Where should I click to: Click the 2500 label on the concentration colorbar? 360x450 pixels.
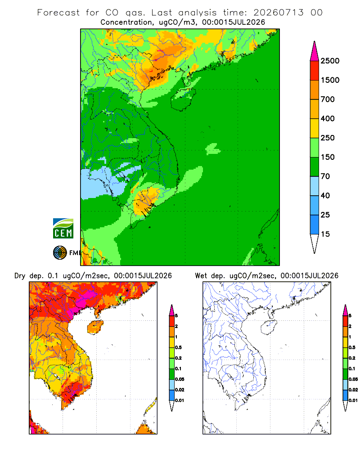point(330,61)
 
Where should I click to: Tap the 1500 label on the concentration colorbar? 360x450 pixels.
point(330,80)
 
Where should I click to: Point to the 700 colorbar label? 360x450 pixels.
point(328,99)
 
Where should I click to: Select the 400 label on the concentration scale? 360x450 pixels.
point(328,118)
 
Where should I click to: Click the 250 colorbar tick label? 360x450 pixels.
point(328,138)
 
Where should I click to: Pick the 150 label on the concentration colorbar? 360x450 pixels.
point(328,157)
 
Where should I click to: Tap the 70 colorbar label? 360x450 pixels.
point(325,176)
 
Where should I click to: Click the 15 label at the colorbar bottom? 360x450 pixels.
point(325,234)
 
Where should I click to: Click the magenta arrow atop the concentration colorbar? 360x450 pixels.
point(315,51)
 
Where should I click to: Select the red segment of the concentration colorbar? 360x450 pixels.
point(315,71)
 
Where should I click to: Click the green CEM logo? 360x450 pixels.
point(63,229)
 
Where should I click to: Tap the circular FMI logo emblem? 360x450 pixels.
point(60,252)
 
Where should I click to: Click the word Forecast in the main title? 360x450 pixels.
point(58,13)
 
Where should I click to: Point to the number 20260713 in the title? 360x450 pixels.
point(278,13)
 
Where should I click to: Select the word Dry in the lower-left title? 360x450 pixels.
point(20,276)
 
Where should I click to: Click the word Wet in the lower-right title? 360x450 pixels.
point(201,276)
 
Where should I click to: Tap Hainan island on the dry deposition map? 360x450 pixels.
point(95,327)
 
